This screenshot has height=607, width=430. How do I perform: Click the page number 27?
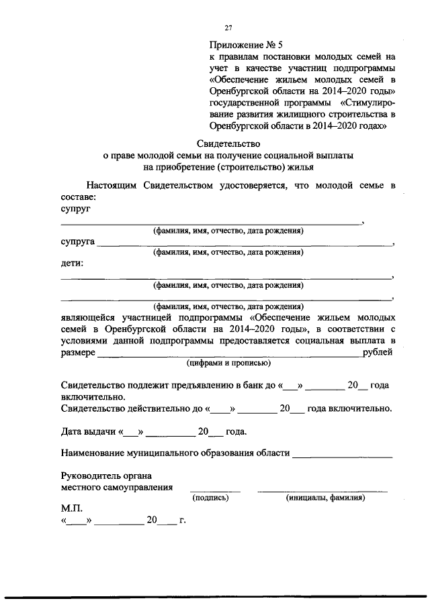point(228,27)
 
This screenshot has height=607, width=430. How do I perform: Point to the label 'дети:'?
point(72,264)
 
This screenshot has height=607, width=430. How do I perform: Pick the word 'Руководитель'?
point(92,476)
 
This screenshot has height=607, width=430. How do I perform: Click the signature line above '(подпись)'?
point(214,491)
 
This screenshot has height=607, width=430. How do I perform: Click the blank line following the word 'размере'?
point(229,357)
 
